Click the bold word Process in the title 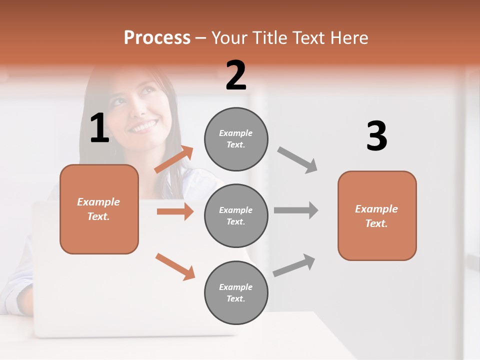[157, 37]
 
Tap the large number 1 [99, 128]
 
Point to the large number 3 [376, 136]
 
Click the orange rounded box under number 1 [99, 209]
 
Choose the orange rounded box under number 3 [377, 215]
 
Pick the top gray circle [236, 139]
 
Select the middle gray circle [236, 215]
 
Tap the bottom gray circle [236, 292]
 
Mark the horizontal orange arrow [175, 211]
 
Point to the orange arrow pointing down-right [175, 266]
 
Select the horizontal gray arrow [296, 210]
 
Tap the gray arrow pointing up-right [294, 265]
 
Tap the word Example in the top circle [235, 133]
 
